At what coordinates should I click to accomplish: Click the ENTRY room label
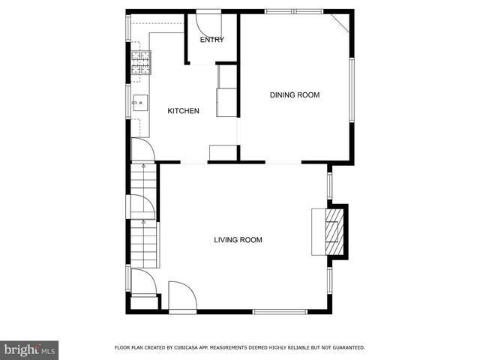211,40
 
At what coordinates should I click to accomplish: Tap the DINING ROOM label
295,94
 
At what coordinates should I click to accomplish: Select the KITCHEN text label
183,111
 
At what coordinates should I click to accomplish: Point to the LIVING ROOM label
238,240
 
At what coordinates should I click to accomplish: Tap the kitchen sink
139,104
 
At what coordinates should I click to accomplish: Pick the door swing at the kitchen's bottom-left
142,151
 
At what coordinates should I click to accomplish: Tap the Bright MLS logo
30,349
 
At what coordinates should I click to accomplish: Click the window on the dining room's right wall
351,90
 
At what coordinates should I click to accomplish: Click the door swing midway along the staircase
142,207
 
